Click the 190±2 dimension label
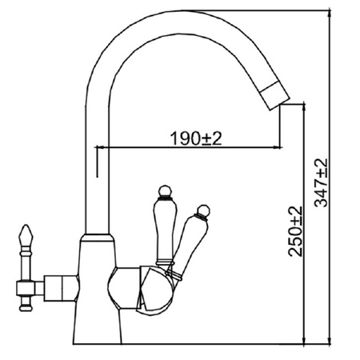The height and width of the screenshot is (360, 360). (196, 138)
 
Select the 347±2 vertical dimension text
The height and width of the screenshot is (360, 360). (320, 183)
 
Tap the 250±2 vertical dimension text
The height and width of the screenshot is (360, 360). (295, 231)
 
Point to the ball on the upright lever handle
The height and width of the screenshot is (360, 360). (165, 190)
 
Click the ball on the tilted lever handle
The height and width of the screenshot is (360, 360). (204, 210)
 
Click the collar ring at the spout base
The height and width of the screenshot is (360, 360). (97, 238)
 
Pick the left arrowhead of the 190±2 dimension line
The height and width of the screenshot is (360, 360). (99, 147)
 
